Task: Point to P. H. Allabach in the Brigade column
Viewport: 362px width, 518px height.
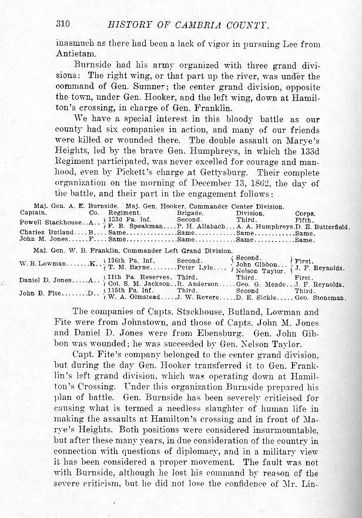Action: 202,226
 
